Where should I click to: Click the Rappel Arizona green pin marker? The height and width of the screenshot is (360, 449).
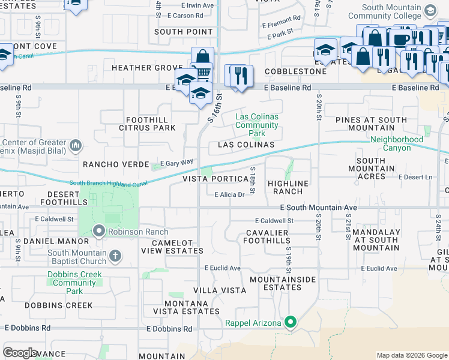(x=291, y=323)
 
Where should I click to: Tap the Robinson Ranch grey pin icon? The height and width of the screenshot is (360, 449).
(x=99, y=231)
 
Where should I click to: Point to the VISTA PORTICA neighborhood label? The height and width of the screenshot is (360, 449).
(x=215, y=179)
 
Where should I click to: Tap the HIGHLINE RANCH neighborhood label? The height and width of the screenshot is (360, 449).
(x=288, y=187)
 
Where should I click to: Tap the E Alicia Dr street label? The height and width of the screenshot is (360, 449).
(x=229, y=194)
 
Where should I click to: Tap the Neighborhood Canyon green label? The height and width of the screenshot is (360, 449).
(x=397, y=143)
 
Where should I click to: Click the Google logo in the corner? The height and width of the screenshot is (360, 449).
(x=20, y=353)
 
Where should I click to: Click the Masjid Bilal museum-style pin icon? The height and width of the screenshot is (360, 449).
(x=76, y=145)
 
